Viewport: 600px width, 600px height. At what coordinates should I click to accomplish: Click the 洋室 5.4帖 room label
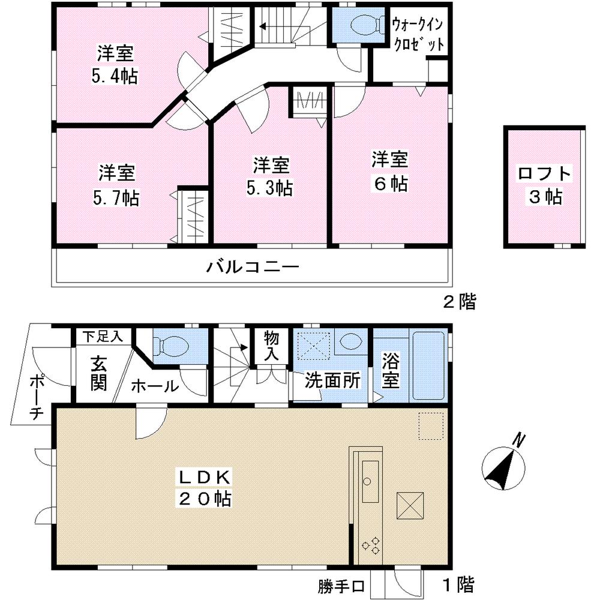(116, 65)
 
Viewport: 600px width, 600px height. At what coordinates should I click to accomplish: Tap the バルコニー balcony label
(253, 266)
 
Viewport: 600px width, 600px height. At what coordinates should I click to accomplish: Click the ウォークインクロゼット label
(419, 35)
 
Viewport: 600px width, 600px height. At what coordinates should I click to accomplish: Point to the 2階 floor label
(459, 302)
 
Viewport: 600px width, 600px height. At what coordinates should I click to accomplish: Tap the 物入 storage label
(272, 345)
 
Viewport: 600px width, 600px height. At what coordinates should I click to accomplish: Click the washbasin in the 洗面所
(349, 342)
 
